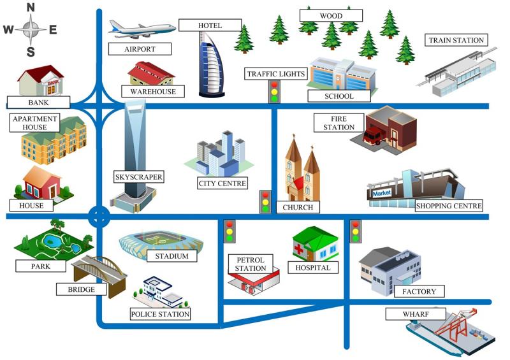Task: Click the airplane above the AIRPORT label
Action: click(142, 29)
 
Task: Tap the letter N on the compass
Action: click(30, 8)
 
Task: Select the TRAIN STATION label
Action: click(456, 40)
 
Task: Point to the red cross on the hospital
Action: click(298, 248)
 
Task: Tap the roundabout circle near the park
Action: click(99, 217)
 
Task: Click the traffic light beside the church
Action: click(265, 201)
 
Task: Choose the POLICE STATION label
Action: click(160, 314)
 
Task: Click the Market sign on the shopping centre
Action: click(381, 193)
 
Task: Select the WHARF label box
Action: click(416, 314)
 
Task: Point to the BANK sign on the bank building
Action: click(53, 82)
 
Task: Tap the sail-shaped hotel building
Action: click(212, 64)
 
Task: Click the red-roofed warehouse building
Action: click(151, 73)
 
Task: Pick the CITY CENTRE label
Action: click(222, 183)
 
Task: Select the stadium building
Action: click(161, 242)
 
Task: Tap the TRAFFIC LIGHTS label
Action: click(276, 74)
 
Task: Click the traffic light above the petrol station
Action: click(229, 231)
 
